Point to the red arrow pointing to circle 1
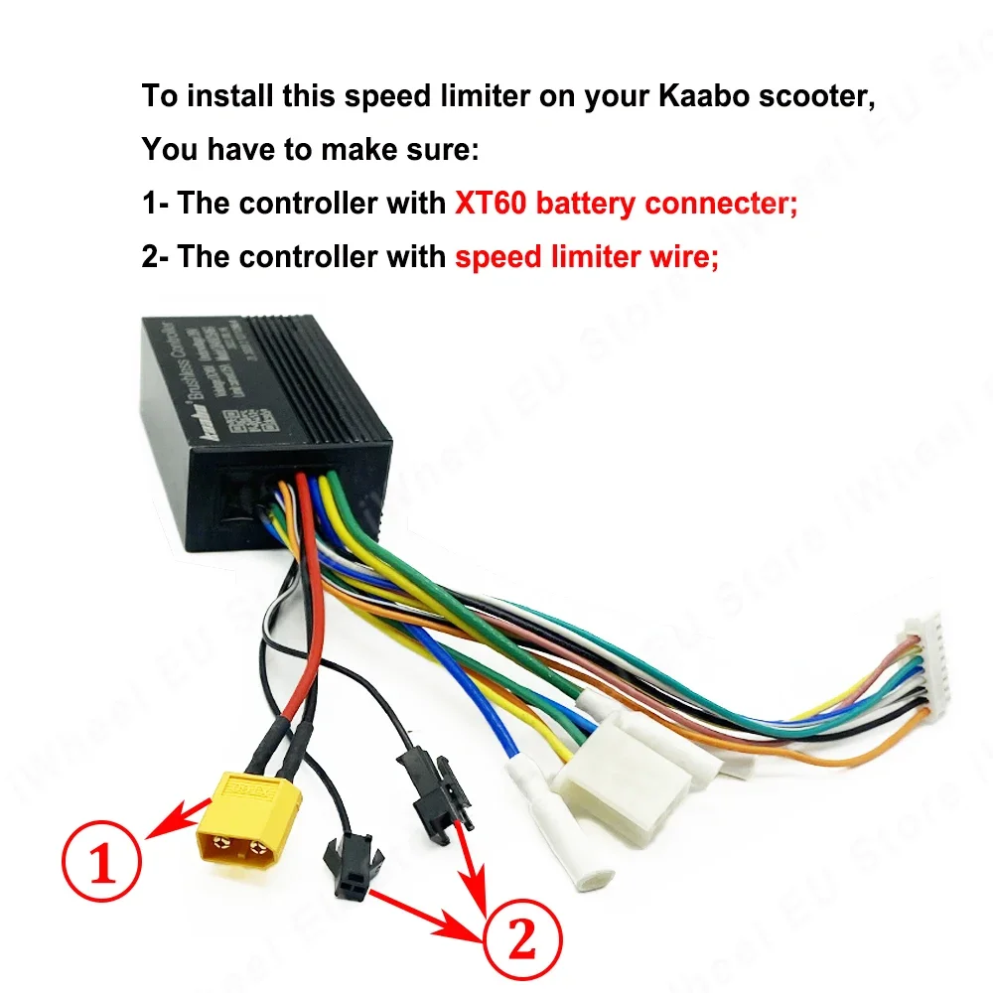(179, 816)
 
